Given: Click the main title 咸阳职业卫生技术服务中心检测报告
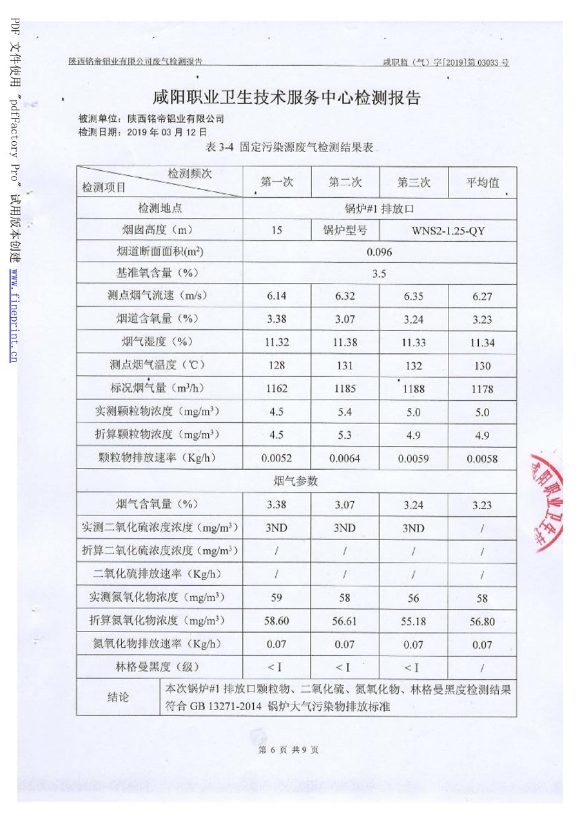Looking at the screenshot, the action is pyautogui.click(x=287, y=98).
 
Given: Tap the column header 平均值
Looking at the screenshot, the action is pyautogui.click(x=482, y=182).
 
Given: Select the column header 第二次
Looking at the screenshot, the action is pyautogui.click(x=345, y=182).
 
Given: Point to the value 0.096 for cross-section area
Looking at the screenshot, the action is pyautogui.click(x=379, y=252).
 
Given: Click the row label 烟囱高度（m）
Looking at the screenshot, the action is pyautogui.click(x=159, y=229).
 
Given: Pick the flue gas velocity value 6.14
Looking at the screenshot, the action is pyautogui.click(x=276, y=296).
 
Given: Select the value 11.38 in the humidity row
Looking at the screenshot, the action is pyautogui.click(x=345, y=343).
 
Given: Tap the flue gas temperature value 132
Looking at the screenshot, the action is pyautogui.click(x=413, y=366).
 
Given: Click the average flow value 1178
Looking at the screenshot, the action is pyautogui.click(x=482, y=389).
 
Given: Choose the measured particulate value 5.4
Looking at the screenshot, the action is pyautogui.click(x=345, y=412).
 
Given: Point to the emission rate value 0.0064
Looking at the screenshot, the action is pyautogui.click(x=345, y=459).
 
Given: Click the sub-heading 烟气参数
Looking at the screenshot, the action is pyautogui.click(x=296, y=481).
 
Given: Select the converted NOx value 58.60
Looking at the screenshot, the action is pyautogui.click(x=276, y=621).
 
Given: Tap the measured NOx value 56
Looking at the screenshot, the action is pyautogui.click(x=413, y=598).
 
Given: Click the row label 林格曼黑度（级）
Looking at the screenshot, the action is pyautogui.click(x=159, y=666).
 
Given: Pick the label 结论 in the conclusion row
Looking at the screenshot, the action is pyautogui.click(x=117, y=697).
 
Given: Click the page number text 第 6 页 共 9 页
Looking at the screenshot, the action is pyautogui.click(x=288, y=749).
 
